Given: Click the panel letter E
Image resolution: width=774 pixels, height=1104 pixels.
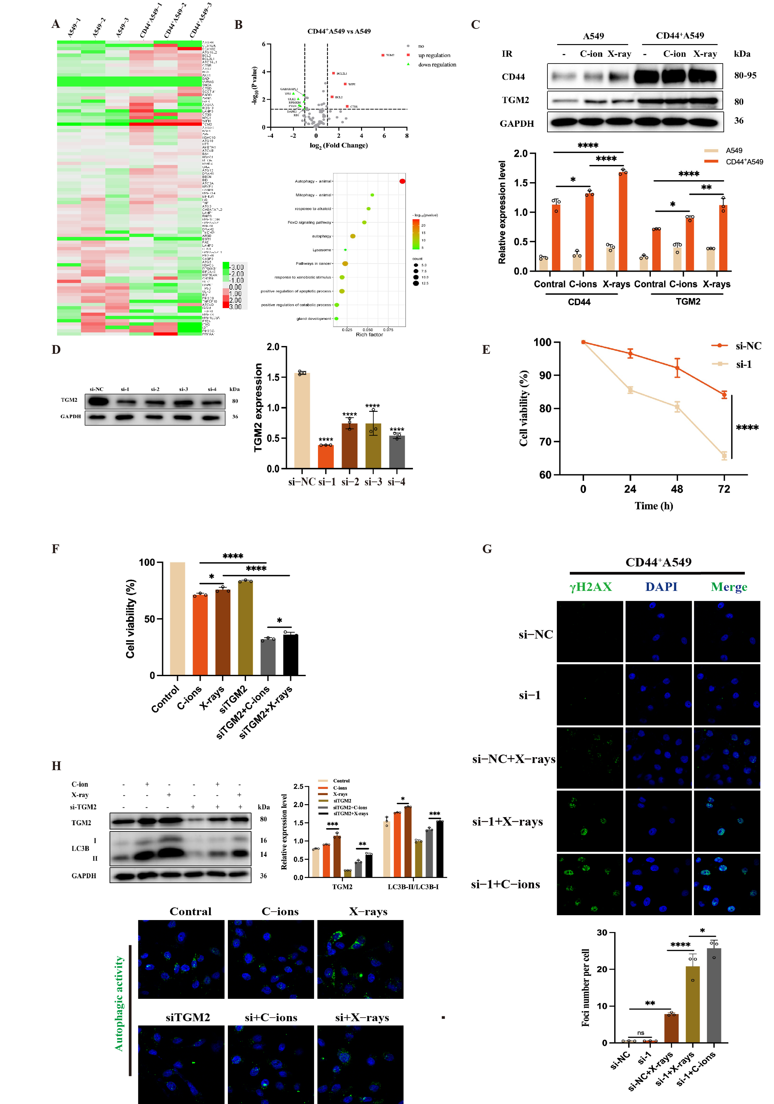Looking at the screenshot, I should [486, 350].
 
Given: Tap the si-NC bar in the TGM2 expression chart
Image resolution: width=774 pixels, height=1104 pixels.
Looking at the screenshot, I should [302, 421].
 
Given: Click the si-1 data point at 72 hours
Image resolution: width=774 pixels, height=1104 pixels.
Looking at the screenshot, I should [724, 455].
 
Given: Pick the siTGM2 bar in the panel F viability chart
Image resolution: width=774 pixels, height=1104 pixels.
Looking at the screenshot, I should [245, 628].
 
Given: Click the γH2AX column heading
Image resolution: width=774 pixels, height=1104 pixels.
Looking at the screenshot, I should [590, 587].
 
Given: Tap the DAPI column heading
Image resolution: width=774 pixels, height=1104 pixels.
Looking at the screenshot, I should [661, 587].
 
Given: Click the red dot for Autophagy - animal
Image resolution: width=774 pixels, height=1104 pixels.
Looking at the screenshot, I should [402, 181].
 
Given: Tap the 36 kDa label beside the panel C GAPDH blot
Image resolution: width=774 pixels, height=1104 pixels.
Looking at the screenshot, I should [738, 121].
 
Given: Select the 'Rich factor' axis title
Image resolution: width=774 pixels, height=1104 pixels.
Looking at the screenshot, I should [369, 335].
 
